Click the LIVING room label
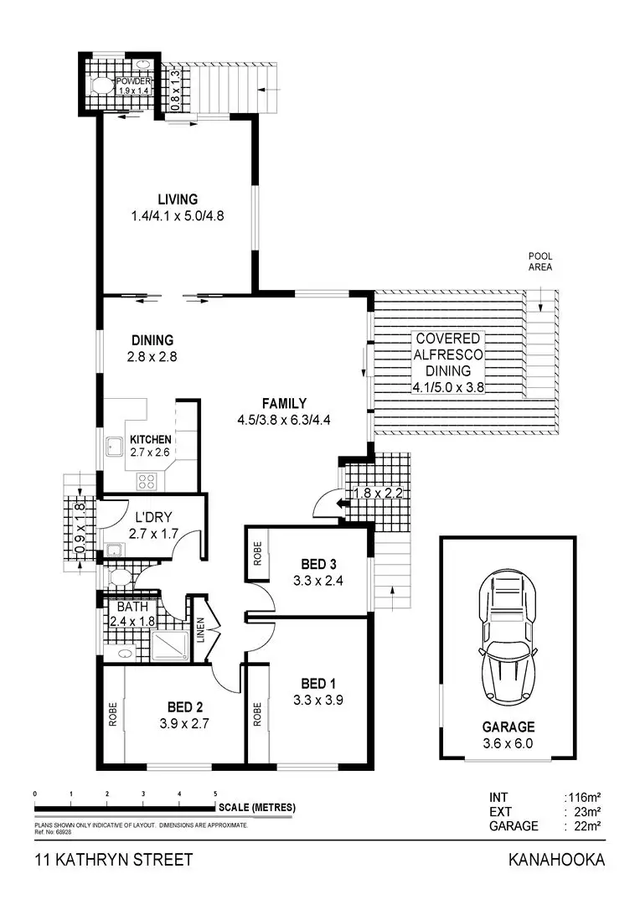(178, 199)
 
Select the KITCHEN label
(151, 439)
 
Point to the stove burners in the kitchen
(147, 481)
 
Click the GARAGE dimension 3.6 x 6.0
(508, 743)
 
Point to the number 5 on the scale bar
(215, 793)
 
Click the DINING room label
(152, 340)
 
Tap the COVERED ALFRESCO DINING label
(449, 362)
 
